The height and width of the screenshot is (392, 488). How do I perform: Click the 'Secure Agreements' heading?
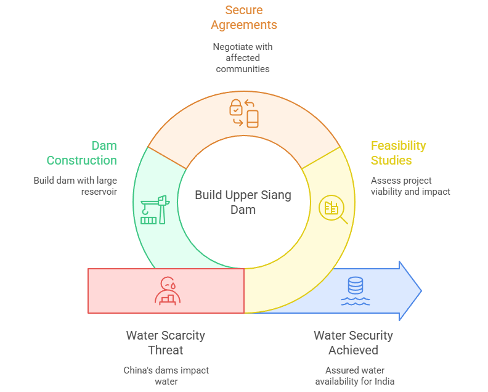pos(243,17)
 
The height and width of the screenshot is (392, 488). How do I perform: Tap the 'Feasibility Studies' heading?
pos(397,153)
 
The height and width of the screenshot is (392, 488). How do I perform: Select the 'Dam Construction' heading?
pos(82,153)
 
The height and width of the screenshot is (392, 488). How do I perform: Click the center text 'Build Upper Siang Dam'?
pos(243,202)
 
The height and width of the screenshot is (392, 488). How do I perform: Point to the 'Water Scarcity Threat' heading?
pos(165,343)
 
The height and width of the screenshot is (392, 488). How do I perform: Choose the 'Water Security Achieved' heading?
pos(353,343)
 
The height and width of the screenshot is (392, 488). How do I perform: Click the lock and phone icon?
pos(243,113)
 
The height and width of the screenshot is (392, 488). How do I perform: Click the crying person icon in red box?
pos(167,291)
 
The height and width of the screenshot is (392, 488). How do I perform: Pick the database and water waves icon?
pos(356,292)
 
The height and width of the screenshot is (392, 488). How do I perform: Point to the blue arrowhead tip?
pos(420,291)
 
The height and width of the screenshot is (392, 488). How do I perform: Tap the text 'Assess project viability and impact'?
pos(410,186)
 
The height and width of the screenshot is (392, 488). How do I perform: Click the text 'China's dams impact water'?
pos(166,376)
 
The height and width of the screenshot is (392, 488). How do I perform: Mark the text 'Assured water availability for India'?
pos(354,376)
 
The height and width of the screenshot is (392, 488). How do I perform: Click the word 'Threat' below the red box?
pos(165,350)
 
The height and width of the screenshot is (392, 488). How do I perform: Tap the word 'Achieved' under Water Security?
pos(353,350)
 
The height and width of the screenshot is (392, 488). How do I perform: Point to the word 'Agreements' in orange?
pos(243,25)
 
